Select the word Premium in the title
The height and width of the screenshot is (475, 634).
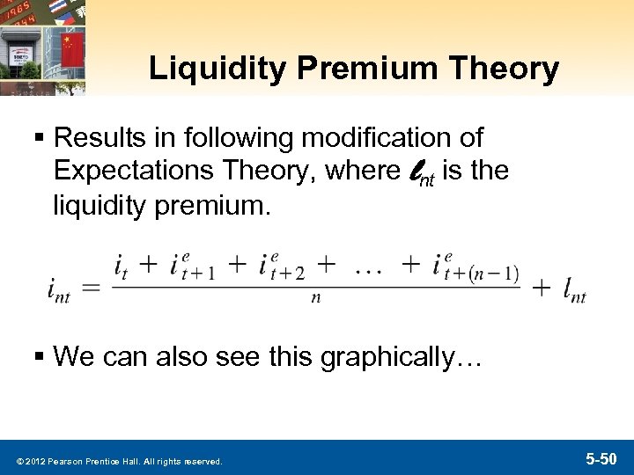pyautogui.click(x=356, y=69)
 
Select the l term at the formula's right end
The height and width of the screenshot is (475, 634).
pyautogui.click(x=575, y=289)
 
